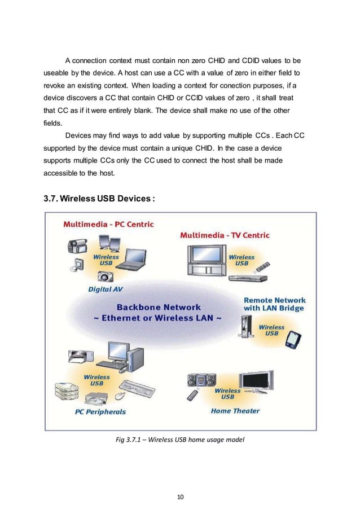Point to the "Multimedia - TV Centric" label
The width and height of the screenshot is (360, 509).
pyautogui.click(x=224, y=235)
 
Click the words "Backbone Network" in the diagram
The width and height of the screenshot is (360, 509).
pyautogui.click(x=158, y=308)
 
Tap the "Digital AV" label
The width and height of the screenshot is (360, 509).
pyautogui.click(x=106, y=289)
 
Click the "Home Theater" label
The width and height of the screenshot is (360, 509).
pyautogui.click(x=235, y=411)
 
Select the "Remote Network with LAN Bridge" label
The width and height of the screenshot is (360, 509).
pyautogui.click(x=274, y=304)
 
